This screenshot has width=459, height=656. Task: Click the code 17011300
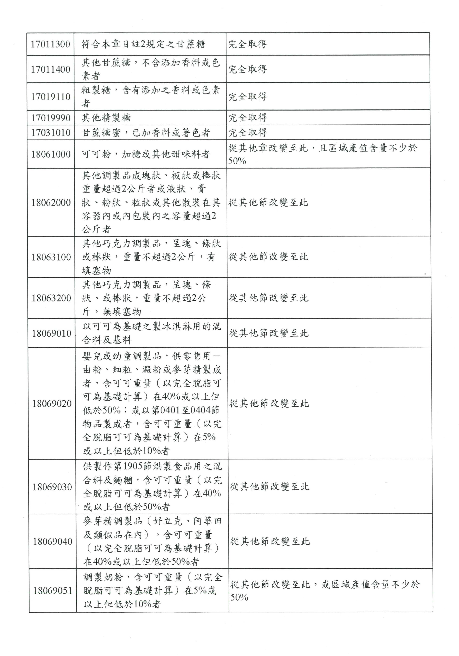tap(50, 44)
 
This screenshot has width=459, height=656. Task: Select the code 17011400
tap(51, 69)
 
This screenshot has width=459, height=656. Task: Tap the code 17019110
tap(51, 97)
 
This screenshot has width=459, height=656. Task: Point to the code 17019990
tap(51, 118)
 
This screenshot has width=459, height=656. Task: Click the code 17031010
tap(51, 133)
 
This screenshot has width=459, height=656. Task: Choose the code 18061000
tap(51, 154)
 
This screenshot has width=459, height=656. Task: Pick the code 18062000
tap(51, 203)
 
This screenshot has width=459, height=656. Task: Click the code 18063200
tap(51, 298)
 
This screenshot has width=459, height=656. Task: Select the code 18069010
tap(51, 333)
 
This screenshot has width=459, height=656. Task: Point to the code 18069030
tap(52, 487)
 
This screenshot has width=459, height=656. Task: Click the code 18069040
tap(52, 541)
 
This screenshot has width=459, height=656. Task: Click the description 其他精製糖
tap(106, 118)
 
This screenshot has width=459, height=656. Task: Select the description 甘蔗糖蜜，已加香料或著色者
tap(146, 133)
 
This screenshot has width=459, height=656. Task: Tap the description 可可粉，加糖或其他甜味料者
tap(146, 154)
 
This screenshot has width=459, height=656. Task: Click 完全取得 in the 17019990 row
tap(248, 118)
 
